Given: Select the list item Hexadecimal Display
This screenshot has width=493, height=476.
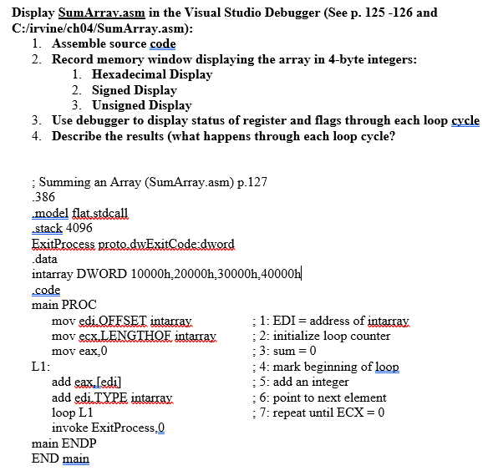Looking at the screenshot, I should point(151,74).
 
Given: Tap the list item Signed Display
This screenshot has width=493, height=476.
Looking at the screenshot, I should point(134,89).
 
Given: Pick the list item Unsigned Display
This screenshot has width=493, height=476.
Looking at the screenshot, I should point(141,105).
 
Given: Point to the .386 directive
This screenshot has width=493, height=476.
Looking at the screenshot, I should point(43,197).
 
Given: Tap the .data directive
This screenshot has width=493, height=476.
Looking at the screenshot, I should point(45,259).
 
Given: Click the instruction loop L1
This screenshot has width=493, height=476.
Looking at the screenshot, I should point(73,413).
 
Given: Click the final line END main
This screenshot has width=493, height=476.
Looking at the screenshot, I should point(60,458).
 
